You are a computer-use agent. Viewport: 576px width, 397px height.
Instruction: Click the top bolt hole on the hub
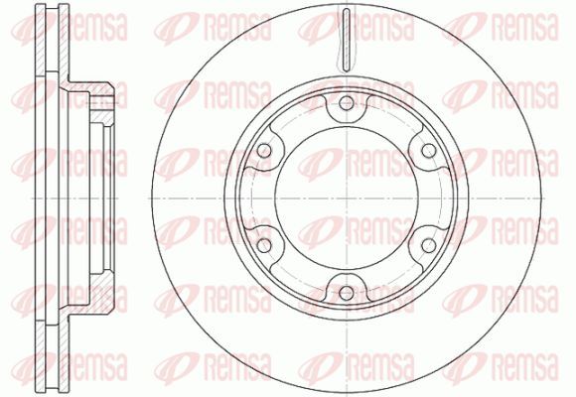(x=347, y=103)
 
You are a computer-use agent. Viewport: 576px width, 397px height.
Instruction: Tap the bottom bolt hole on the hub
(x=347, y=293)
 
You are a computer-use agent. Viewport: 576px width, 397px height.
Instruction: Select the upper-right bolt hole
(x=429, y=151)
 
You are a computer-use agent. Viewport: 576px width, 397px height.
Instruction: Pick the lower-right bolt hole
(x=429, y=246)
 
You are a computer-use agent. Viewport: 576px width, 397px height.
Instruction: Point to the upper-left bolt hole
(x=264, y=151)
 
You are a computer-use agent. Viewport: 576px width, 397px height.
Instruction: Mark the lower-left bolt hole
(x=264, y=246)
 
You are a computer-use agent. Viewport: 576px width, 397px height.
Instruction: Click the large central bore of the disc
(x=347, y=198)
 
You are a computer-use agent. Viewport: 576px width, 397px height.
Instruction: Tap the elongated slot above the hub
(x=347, y=40)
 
